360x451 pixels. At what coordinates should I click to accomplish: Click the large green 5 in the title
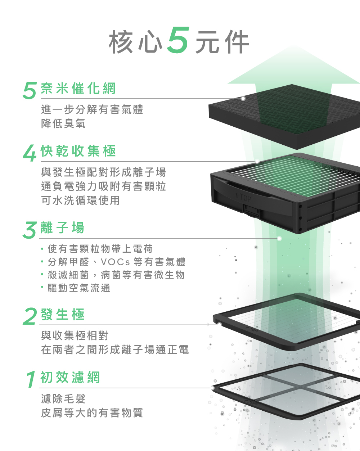coord(178,40)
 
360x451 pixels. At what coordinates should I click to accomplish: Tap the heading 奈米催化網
coord(78,89)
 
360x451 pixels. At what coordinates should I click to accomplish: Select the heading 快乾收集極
coord(78,151)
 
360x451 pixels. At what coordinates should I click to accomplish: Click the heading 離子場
coord(62,228)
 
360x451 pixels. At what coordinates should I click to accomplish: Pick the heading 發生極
coord(62,315)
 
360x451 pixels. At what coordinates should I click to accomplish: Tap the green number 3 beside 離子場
coord(30,230)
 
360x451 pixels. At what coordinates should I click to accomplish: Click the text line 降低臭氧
coord(63,124)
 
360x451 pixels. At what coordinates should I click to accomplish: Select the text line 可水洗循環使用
coord(81,200)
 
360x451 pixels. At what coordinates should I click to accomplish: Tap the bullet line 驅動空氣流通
coord(79,288)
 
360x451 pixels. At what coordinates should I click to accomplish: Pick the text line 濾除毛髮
coord(63,399)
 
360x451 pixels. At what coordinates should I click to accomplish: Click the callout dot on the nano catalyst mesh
coord(243,98)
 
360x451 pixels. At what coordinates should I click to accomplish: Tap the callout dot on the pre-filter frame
coord(213,388)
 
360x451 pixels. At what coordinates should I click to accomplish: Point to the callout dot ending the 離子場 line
coord(279,238)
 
